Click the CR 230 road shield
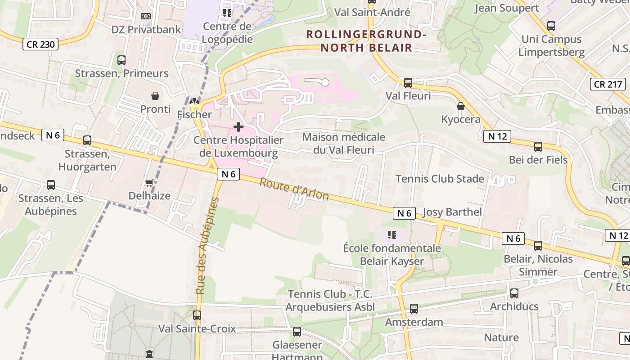click(41, 44)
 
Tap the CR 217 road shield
click(608, 84)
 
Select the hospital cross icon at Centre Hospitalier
click(238, 127)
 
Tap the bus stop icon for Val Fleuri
click(408, 83)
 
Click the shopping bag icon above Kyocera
click(460, 107)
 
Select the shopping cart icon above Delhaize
click(149, 183)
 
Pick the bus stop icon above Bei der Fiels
click(538, 147)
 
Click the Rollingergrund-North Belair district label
click(365, 41)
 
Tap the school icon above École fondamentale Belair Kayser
click(391, 235)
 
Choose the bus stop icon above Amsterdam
click(414, 309)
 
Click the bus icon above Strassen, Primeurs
click(121, 60)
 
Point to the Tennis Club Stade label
click(440, 179)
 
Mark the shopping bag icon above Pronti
click(155, 96)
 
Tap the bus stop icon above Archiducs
click(514, 293)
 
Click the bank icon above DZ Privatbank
click(146, 16)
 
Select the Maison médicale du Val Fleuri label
click(344, 143)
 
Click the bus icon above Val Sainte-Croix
click(197, 315)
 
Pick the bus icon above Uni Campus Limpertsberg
click(551, 26)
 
